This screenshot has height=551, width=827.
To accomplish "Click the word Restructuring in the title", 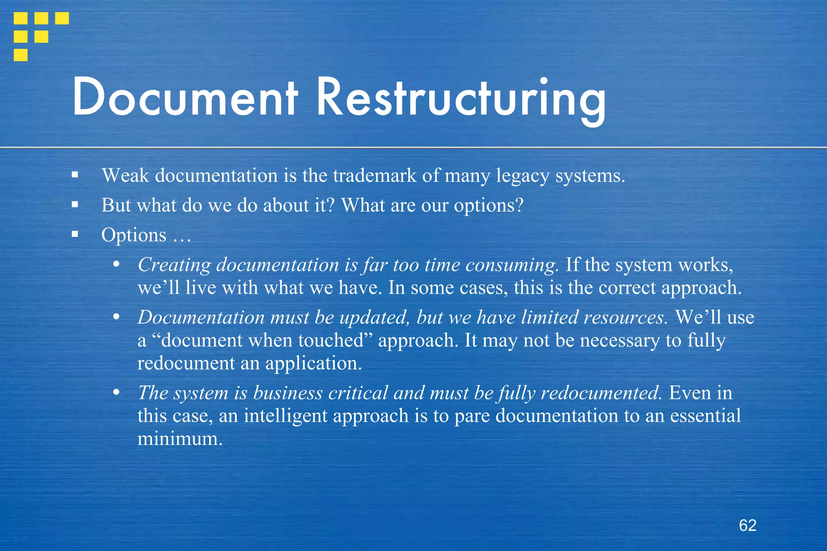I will click(x=461, y=100).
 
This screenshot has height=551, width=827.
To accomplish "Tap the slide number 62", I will click(x=747, y=525).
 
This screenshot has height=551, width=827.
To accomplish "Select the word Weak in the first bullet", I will click(x=125, y=176).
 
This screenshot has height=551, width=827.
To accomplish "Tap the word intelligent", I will click(x=285, y=416).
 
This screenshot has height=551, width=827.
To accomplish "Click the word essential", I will click(x=705, y=416).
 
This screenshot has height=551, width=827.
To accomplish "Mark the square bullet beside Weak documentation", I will click(x=75, y=175).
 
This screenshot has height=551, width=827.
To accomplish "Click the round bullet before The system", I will click(x=116, y=392).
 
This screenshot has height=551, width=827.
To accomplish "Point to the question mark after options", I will click(x=519, y=205).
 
